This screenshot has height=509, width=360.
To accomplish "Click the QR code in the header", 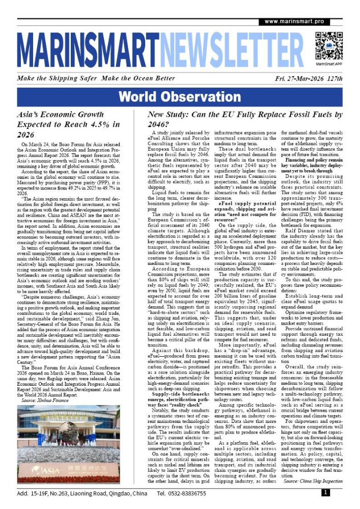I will click(x=329, y=46).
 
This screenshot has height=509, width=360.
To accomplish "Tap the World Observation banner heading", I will click(x=180, y=97).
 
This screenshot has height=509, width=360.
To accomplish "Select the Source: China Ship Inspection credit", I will click(x=313, y=480).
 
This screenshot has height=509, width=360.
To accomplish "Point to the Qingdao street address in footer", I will click(x=81, y=493).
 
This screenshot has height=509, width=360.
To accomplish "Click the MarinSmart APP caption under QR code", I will click(x=329, y=65).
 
